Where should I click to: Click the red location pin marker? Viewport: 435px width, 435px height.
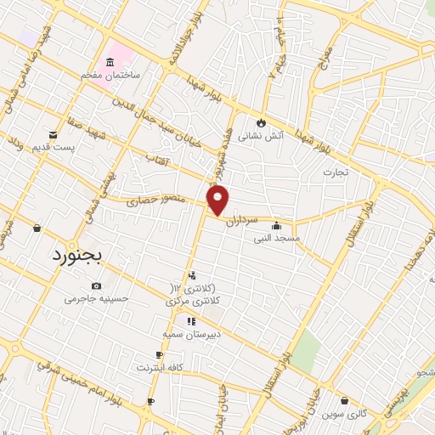218,201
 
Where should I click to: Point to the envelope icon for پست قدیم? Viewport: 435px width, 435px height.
54,135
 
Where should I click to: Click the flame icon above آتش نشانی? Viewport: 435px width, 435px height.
261,121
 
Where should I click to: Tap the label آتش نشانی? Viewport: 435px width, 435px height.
260,135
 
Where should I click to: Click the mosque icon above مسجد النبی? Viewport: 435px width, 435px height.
276,226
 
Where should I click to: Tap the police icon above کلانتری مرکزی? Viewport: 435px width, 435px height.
194,275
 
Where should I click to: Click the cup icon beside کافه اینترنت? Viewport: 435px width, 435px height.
159,355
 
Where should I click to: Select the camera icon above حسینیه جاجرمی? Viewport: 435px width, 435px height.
96,286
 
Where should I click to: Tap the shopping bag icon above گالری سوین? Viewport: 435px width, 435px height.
344,400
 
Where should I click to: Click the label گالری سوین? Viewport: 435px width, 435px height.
344,414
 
